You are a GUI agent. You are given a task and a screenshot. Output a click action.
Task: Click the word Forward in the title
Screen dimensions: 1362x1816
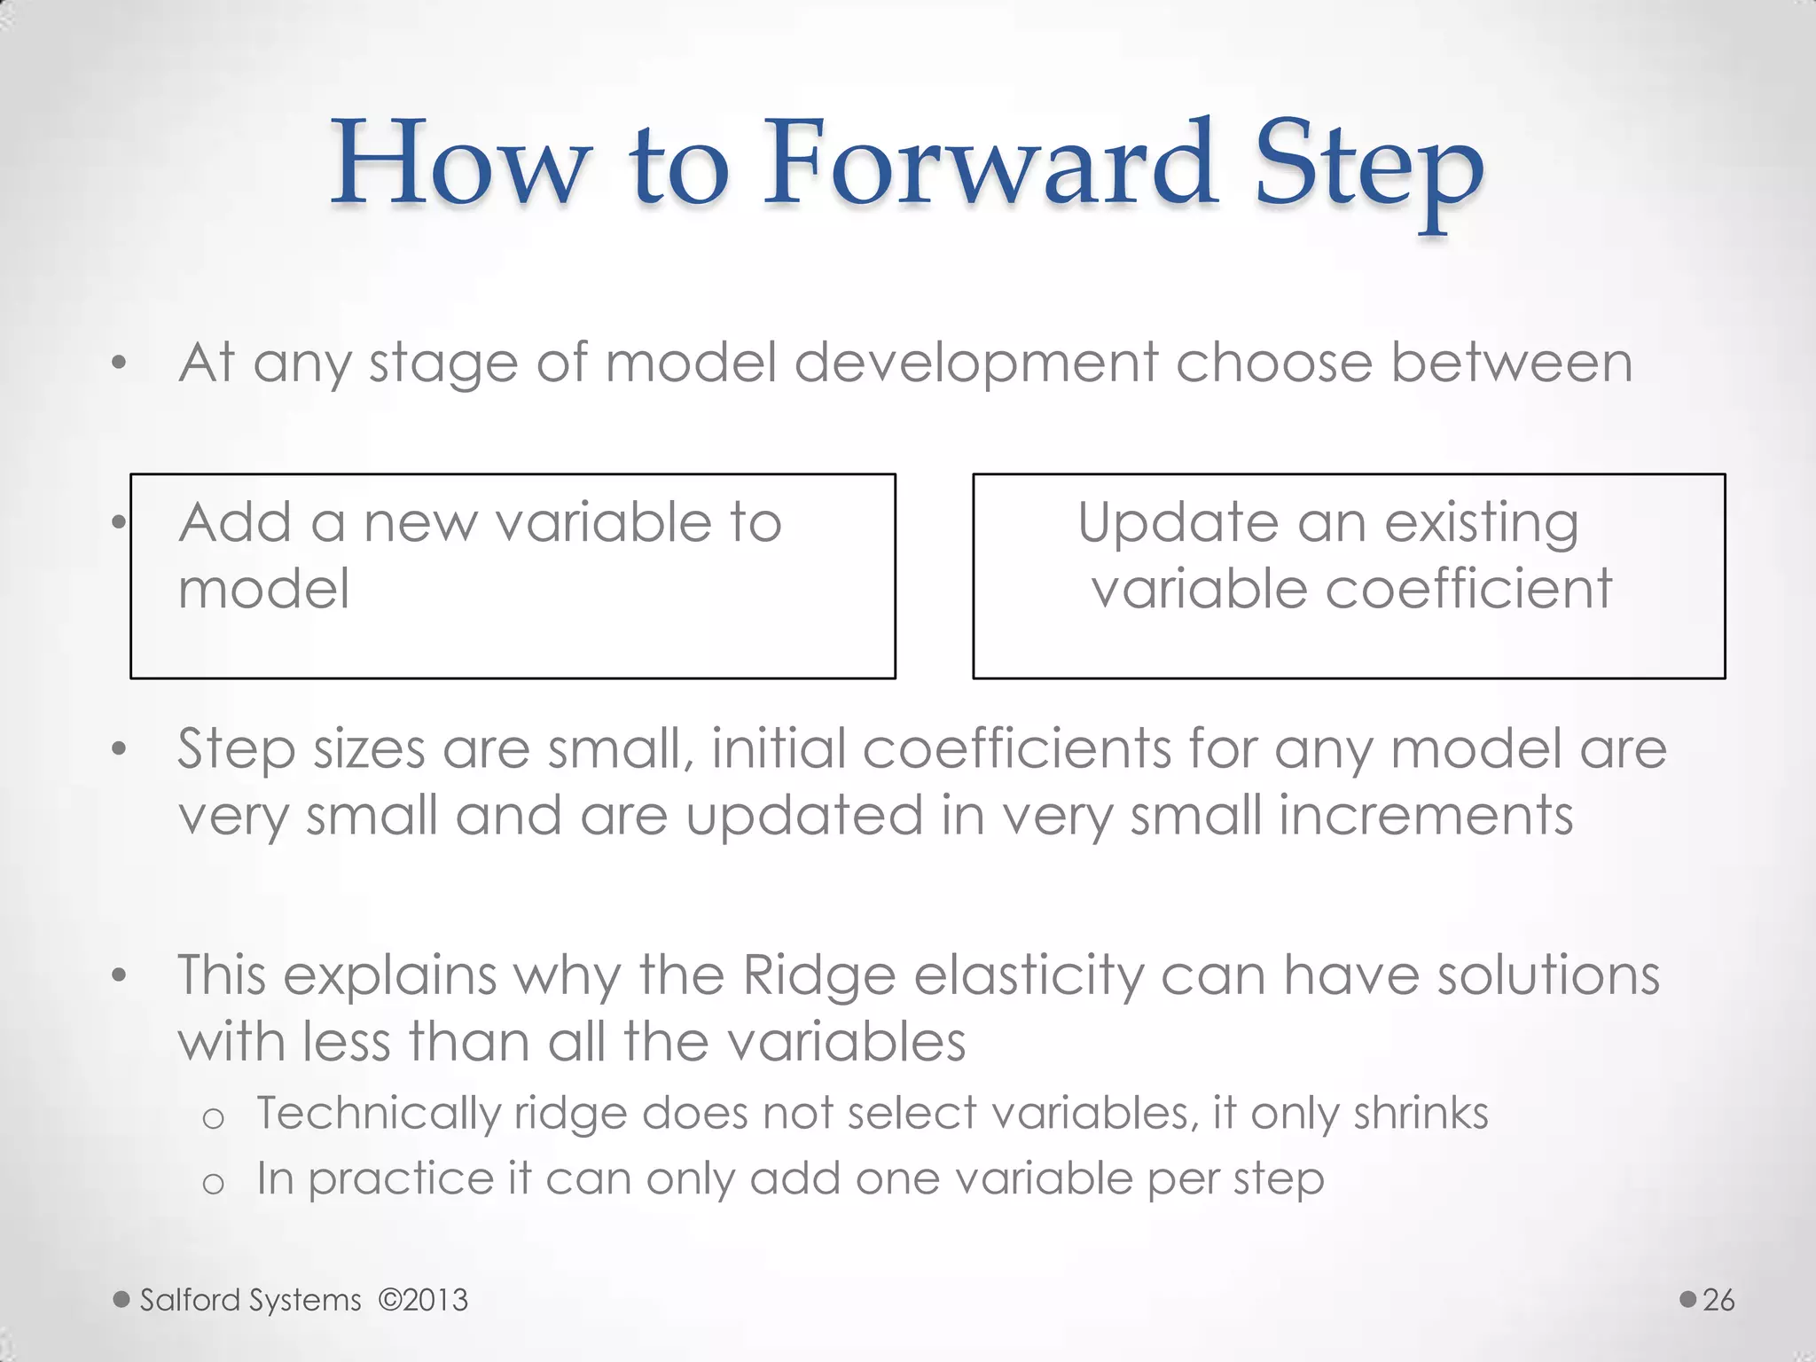[x=990, y=164]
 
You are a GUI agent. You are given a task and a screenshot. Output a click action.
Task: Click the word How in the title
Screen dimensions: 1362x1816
[x=461, y=164]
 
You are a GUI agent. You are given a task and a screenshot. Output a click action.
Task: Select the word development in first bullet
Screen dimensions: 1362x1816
[x=975, y=364]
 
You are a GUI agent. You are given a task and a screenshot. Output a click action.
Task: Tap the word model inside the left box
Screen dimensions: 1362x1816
[x=263, y=589]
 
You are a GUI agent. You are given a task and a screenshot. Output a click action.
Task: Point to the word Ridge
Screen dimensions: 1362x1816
[x=819, y=976]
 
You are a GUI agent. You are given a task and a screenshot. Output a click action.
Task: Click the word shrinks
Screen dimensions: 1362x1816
[x=1421, y=1113]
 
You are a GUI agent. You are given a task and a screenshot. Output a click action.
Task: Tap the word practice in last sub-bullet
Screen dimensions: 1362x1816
[x=400, y=1180]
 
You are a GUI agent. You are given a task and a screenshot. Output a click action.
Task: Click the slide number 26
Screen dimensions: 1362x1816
[x=1718, y=1300]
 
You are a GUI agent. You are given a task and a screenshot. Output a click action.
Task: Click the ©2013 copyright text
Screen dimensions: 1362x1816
[x=423, y=1300]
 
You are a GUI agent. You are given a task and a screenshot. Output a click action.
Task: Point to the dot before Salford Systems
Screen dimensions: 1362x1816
[x=121, y=1300]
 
